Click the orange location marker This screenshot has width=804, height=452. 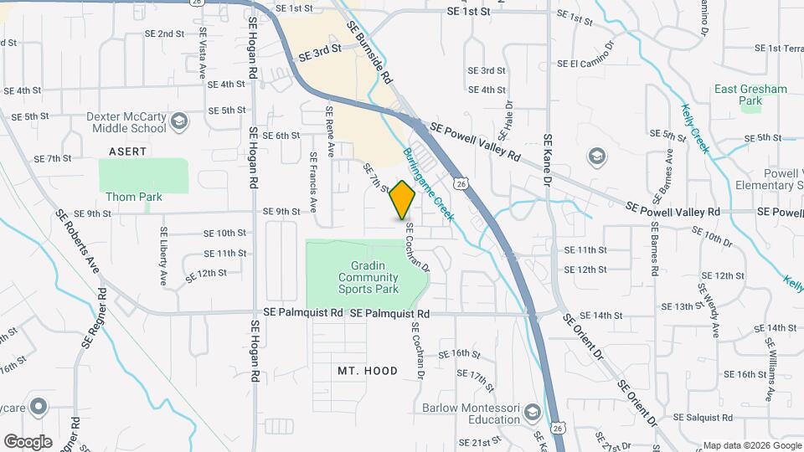403,200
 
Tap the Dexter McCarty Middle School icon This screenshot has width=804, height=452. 178,123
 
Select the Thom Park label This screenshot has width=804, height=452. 134,197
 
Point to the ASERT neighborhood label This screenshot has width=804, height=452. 127,152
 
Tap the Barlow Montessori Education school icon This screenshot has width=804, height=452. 532,412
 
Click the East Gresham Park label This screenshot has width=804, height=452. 740,95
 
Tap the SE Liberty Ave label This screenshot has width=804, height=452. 163,256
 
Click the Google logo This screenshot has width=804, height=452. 28,442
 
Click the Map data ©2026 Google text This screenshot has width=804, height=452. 750,445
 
